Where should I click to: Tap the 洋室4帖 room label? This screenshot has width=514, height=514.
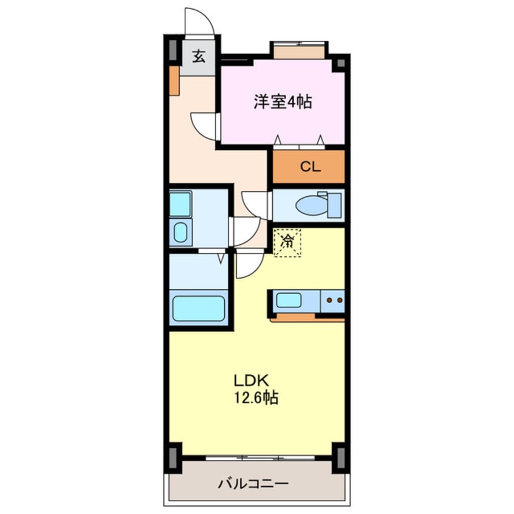point(283,102)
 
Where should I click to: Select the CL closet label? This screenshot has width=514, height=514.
point(309,166)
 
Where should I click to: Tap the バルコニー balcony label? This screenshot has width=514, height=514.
point(253,484)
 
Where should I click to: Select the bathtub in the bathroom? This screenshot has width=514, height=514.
point(198,308)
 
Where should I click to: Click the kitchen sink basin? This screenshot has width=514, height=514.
point(289,300)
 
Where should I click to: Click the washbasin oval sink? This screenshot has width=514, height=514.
point(180,231)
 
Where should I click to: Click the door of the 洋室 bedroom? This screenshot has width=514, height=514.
point(205,126)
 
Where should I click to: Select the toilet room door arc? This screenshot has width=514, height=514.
point(255,204)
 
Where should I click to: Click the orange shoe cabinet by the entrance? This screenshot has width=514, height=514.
point(174,80)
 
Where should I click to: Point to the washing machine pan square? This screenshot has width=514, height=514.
point(180,205)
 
